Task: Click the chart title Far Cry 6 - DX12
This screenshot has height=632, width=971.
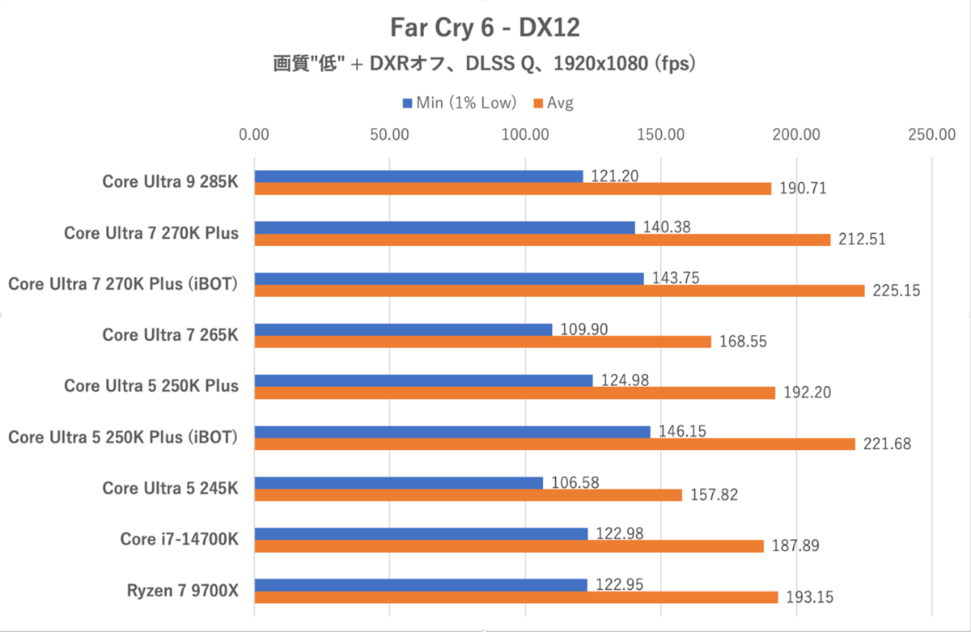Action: (484, 28)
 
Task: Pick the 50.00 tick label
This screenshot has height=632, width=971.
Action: (390, 135)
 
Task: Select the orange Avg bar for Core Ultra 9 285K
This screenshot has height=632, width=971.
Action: (513, 189)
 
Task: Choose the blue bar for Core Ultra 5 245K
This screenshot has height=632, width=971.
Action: (399, 483)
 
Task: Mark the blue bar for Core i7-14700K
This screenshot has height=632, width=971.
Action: (421, 534)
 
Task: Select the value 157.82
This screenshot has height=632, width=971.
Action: (714, 495)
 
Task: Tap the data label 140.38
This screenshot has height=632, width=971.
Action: (668, 227)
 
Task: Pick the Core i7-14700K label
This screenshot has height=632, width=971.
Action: (180, 540)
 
